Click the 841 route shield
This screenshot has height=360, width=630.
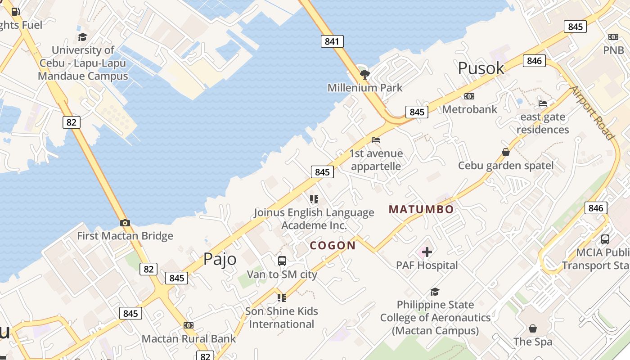click(x=332, y=42)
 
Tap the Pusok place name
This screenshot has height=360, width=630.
click(x=481, y=68)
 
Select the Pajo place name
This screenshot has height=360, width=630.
click(x=220, y=259)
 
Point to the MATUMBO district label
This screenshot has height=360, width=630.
click(x=421, y=209)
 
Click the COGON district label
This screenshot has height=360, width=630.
click(x=333, y=245)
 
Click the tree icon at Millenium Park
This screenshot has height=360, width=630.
click(x=364, y=74)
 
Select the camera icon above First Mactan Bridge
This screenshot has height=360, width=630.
click(x=125, y=223)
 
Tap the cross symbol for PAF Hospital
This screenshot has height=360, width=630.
click(x=427, y=252)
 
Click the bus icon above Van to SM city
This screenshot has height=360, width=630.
click(x=282, y=261)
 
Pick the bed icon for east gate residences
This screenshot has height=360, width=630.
click(x=543, y=103)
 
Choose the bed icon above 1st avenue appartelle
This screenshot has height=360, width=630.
click(x=376, y=140)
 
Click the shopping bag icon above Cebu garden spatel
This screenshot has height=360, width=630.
click(x=506, y=152)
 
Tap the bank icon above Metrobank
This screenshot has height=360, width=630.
click(x=469, y=96)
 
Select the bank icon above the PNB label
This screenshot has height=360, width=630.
click(x=613, y=36)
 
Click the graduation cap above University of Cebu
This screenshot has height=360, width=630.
click(x=82, y=37)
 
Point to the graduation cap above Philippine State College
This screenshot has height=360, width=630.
click(x=435, y=292)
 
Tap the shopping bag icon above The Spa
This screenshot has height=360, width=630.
click(x=533, y=328)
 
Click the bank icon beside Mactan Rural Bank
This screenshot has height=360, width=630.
click(x=189, y=325)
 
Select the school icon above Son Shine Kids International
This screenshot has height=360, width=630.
click(x=282, y=297)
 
